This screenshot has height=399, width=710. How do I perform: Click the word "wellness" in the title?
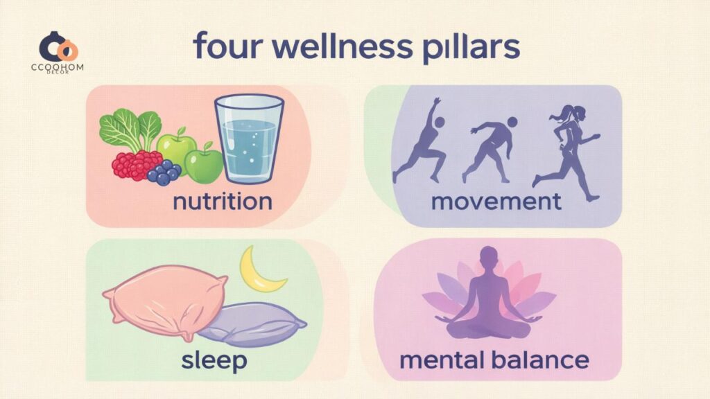[343, 46]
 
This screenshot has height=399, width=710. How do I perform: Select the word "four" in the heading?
[228, 46]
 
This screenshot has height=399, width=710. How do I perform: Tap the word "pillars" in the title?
[471, 48]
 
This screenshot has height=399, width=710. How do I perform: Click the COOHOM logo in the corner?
[58, 52]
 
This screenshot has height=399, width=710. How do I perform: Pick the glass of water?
[249, 139]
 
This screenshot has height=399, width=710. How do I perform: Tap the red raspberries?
[136, 164]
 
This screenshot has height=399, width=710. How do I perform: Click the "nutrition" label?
[223, 202]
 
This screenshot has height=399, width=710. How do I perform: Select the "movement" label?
[496, 202]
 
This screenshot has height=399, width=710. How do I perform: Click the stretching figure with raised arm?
[419, 141]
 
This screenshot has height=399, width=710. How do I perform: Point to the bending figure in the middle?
[490, 150]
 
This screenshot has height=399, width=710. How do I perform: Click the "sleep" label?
[214, 360]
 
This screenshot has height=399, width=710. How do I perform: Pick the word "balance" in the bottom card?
[540, 360]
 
